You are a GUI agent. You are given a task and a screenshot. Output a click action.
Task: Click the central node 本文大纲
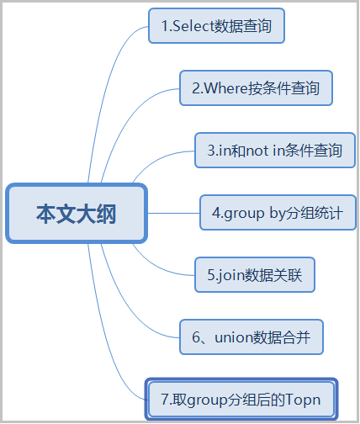[76, 214]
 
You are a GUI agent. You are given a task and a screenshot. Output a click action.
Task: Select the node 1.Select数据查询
[216, 26]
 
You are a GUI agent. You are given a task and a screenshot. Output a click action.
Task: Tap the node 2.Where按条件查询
[256, 87]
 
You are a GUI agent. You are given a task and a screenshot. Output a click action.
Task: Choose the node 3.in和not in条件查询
[274, 151]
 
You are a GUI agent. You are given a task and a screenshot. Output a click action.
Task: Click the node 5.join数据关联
[255, 274]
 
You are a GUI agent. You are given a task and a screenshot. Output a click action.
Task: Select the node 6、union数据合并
[251, 337]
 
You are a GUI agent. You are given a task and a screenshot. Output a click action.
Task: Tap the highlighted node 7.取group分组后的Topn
[241, 398]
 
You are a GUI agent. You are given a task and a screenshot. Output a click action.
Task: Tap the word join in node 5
[231, 274]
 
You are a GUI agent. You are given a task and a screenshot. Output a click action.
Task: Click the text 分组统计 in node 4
[316, 213]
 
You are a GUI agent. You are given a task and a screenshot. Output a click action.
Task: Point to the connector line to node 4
[172, 214]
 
